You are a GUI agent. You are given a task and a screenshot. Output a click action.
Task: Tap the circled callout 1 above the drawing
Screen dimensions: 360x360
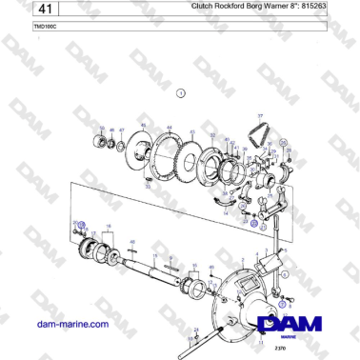pyautogui.click(x=181, y=92)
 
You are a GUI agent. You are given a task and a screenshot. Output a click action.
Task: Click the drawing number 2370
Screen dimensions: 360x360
pyautogui.click(x=279, y=350)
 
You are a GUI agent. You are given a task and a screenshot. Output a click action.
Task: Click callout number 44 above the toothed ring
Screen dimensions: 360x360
pyautogui.click(x=169, y=128)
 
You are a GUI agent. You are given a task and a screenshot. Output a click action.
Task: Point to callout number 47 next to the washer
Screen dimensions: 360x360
pyautogui.click(x=121, y=130)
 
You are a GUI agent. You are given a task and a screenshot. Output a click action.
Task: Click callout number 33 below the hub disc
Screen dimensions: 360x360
pyautogui.click(x=148, y=186)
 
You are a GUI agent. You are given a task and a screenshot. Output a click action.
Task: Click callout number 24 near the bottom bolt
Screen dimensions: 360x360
pyautogui.click(x=195, y=329)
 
